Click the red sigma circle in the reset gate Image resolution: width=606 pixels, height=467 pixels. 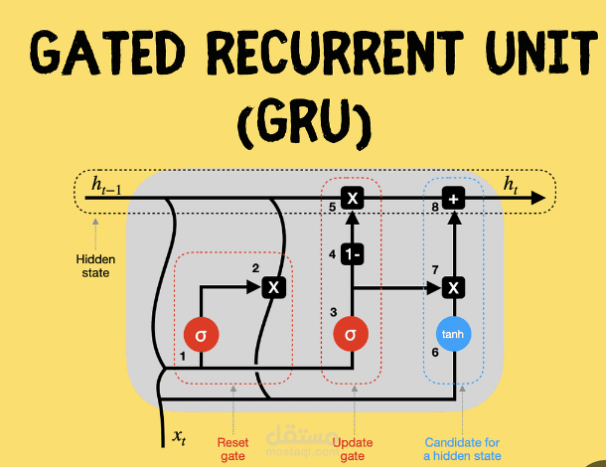(x=201, y=335)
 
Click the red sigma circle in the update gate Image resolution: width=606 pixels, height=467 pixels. (x=351, y=335)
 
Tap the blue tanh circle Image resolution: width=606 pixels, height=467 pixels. (x=453, y=335)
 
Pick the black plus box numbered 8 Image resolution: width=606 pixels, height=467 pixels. (x=454, y=199)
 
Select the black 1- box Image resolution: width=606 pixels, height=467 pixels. (x=351, y=254)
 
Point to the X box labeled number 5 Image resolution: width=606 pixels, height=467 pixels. (x=351, y=199)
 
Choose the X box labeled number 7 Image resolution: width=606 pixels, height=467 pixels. (x=454, y=288)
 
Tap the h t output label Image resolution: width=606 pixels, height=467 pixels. (x=512, y=184)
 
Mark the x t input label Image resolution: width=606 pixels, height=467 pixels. (x=180, y=436)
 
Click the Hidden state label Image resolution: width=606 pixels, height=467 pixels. (x=95, y=265)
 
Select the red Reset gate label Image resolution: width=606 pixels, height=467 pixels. (x=232, y=449)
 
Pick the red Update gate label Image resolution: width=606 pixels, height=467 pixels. (x=353, y=449)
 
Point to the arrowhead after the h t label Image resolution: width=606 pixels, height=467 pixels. (x=538, y=199)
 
